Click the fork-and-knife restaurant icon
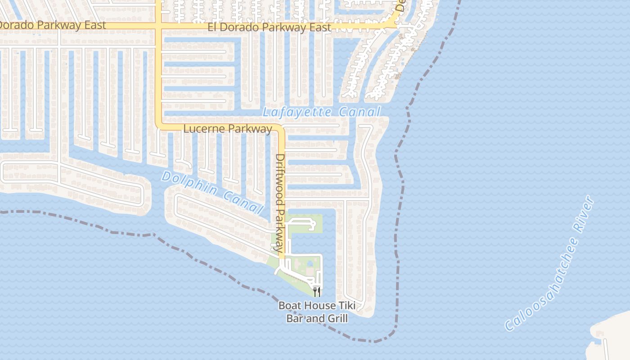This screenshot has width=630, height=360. pyautogui.click(x=317, y=292)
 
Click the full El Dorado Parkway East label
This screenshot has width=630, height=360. pyautogui.click(x=269, y=27)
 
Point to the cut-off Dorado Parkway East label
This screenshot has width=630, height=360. pyautogui.click(x=53, y=25)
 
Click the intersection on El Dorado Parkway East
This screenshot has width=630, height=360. pyautogui.click(x=159, y=27)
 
